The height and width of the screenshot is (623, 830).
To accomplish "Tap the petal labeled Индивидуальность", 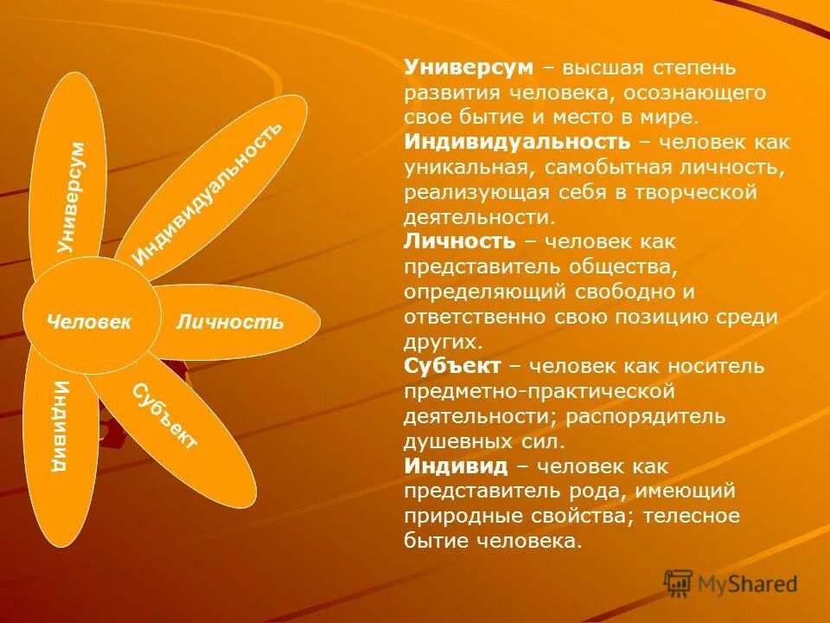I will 212,186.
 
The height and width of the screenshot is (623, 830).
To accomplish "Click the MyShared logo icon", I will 679,583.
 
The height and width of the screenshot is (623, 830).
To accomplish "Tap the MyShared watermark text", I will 747,584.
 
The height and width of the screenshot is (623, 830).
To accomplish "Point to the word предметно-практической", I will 539,391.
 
